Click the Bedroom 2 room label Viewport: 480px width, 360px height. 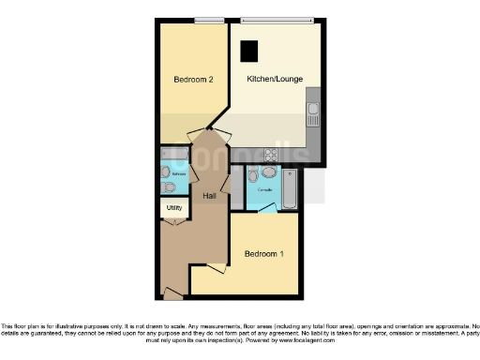[x=194, y=81]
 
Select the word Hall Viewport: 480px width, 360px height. [x=211, y=195]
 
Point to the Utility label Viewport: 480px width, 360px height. [x=174, y=207]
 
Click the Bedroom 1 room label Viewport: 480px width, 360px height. [x=263, y=254]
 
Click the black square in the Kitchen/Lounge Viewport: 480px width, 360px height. [x=250, y=51]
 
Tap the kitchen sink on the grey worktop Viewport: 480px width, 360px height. [x=313, y=116]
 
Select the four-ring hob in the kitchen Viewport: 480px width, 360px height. [x=270, y=155]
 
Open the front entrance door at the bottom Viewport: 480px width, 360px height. [x=173, y=293]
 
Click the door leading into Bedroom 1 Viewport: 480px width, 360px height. [x=217, y=270]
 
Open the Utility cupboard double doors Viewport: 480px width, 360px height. [x=174, y=221]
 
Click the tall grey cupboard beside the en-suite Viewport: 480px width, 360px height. [x=238, y=187]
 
